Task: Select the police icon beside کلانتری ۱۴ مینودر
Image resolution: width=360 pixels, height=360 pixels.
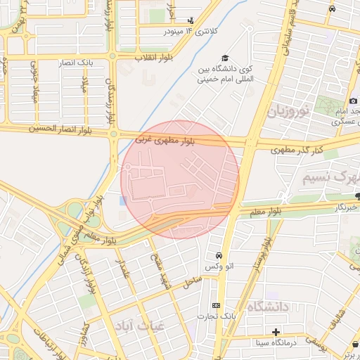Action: (x=191, y=21)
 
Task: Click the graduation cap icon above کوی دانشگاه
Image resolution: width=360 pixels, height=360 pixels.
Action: (x=225, y=58)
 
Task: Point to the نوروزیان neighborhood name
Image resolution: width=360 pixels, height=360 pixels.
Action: (x=288, y=111)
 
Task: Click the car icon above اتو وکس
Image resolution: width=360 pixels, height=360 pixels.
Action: (x=219, y=255)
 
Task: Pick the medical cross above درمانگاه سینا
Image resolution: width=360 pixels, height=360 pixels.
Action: (x=276, y=332)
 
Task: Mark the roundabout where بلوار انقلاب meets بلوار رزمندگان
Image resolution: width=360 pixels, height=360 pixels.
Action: (x=112, y=56)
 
